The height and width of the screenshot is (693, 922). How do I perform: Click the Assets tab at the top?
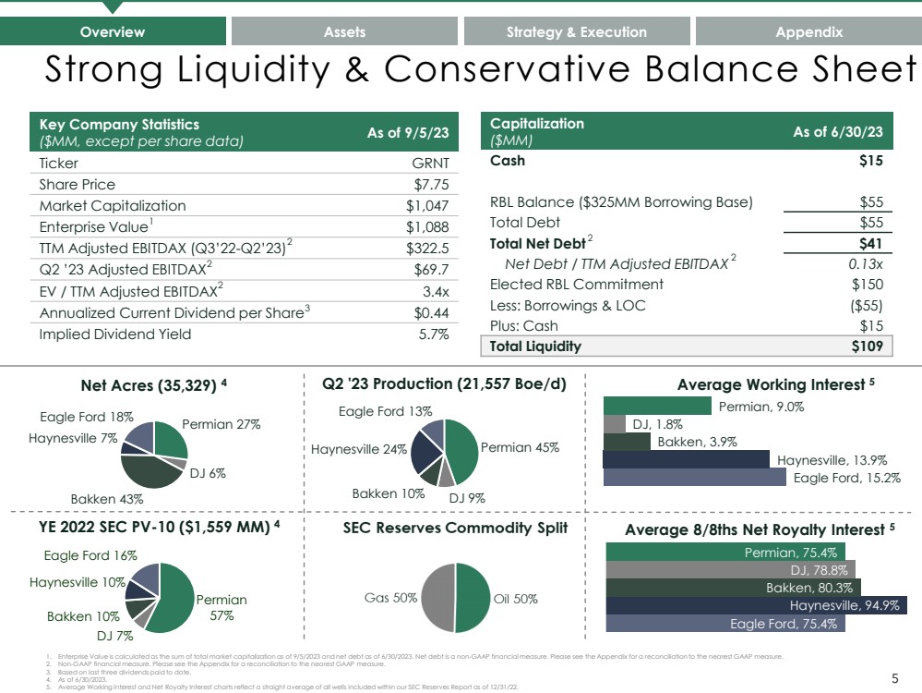pyautogui.click(x=345, y=31)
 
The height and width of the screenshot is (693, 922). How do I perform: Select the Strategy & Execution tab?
pyautogui.click(x=576, y=31)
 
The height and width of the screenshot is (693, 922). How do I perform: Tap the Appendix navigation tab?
pyautogui.click(x=808, y=31)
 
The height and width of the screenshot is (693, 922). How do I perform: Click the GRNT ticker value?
pyautogui.click(x=430, y=163)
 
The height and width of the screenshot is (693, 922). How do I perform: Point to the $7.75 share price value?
pyautogui.click(x=431, y=184)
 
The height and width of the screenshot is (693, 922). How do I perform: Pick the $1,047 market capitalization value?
pyautogui.click(x=427, y=205)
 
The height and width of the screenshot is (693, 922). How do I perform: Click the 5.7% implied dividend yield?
pyautogui.click(x=434, y=334)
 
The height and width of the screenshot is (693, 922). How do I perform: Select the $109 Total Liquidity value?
pyautogui.click(x=867, y=346)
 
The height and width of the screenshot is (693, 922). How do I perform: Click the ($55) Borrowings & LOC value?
pyautogui.click(x=865, y=305)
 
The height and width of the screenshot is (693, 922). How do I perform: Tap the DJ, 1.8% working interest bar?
pyautogui.click(x=614, y=424)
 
